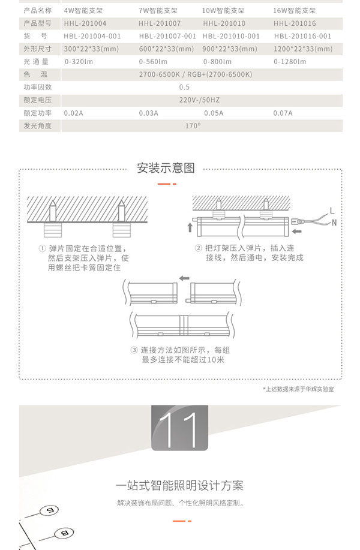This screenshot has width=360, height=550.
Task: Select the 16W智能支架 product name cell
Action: (295, 11)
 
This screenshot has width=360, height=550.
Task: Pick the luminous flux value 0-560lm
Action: (154, 61)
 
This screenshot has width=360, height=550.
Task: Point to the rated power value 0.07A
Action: (283, 113)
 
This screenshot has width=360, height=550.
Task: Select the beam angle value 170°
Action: (193, 125)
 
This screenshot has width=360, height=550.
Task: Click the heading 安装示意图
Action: (166, 168)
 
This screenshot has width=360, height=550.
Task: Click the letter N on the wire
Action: (334, 223)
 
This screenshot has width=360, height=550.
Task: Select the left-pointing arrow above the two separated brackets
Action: (184, 278)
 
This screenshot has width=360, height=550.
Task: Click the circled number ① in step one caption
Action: (42, 248)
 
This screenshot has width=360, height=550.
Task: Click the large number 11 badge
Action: (179, 428)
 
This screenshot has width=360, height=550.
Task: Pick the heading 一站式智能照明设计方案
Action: (179, 485)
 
